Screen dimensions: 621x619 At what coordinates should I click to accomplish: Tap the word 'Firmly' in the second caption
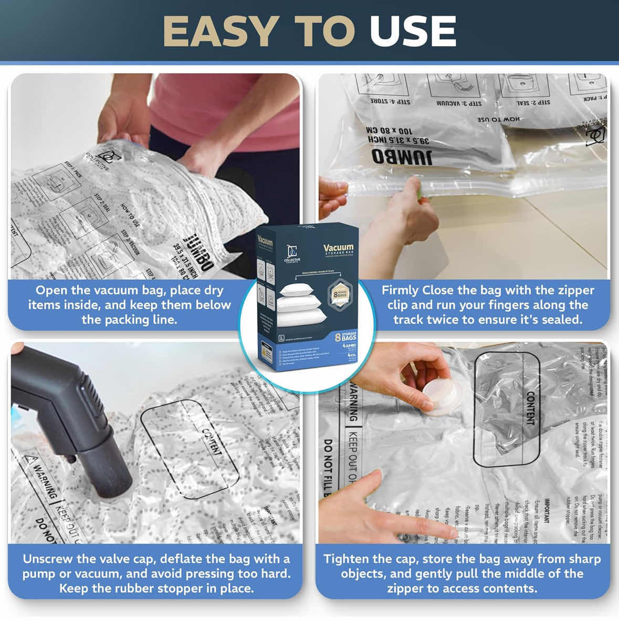(400, 290)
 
